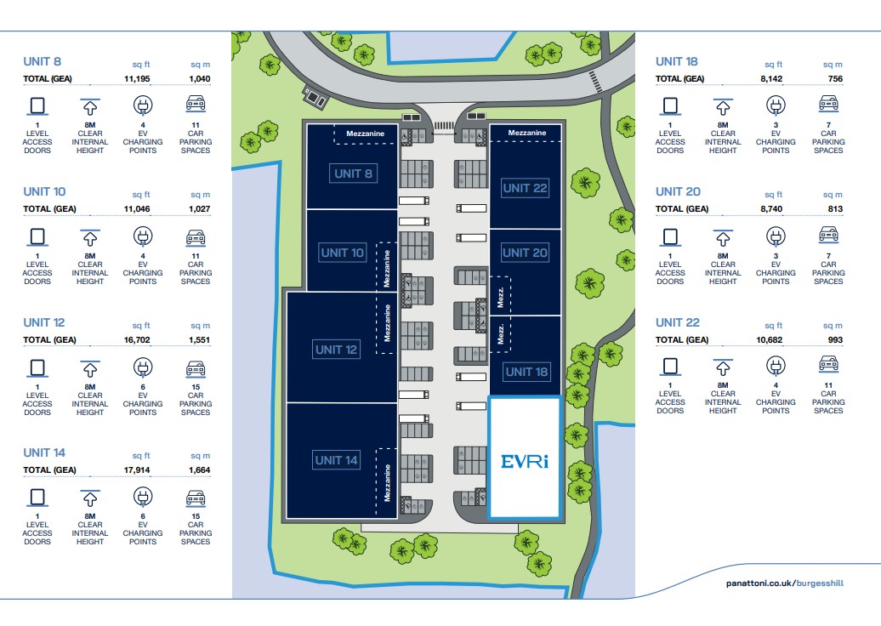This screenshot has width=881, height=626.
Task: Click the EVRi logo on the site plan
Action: coord(524,461)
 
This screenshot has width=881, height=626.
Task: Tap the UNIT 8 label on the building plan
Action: coord(354,174)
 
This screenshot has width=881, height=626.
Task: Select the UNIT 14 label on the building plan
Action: coord(337,460)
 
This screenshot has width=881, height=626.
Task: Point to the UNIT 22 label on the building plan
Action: coord(525,188)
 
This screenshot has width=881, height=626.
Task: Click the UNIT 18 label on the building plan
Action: coord(526,372)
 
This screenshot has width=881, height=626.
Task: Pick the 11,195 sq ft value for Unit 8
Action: coord(136,78)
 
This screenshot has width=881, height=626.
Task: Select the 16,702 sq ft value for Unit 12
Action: coord(136,340)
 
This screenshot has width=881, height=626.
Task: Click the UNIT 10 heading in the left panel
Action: coord(44,191)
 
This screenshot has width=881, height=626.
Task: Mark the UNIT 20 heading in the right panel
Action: coord(678,191)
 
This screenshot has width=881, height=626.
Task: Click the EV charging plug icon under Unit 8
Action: coord(143,105)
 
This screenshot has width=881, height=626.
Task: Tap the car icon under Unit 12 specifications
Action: coord(196,367)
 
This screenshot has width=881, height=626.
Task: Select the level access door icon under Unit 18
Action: coord(670,105)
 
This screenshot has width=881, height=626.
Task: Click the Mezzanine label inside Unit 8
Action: coord(366,134)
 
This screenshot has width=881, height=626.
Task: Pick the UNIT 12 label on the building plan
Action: coord(337,350)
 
